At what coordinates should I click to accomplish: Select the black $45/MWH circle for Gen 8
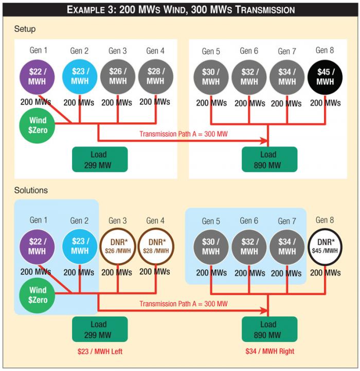click(325, 77)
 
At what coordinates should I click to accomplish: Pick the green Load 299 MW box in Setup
click(100, 159)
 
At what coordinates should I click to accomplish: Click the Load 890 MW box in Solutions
click(268, 329)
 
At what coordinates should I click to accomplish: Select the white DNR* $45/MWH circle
click(325, 246)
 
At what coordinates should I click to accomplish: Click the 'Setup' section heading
click(25, 29)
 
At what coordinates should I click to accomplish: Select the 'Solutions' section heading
click(31, 190)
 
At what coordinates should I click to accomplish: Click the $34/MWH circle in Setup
click(287, 77)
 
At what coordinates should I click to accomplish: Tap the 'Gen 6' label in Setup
click(249, 51)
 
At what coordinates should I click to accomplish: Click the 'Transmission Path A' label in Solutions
click(183, 304)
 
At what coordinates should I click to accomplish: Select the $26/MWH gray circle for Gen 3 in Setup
click(118, 77)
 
